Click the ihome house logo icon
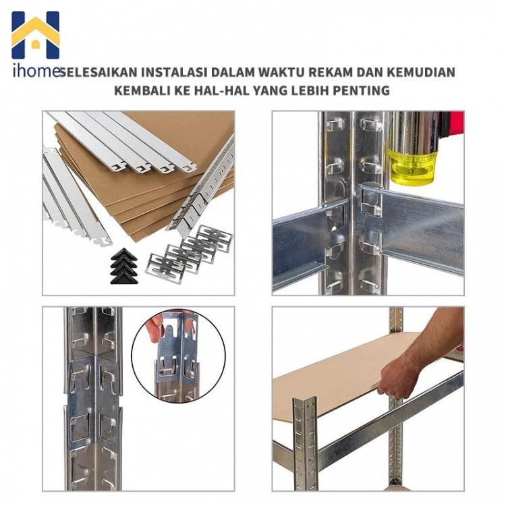click(x=36, y=35)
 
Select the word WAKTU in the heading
click(x=278, y=72)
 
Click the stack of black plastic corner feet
click(x=124, y=266)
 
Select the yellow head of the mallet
click(x=412, y=168)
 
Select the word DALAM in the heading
click(x=231, y=72)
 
